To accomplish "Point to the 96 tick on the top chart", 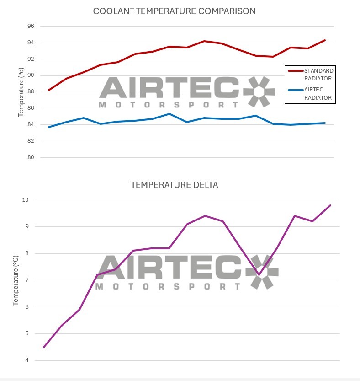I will click(x=31, y=26).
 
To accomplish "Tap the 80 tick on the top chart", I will click(x=31, y=157).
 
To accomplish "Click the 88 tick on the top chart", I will click(x=31, y=92).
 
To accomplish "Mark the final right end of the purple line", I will click(x=330, y=205).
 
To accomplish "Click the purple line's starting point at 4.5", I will click(x=44, y=347).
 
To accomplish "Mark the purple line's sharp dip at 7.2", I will click(x=259, y=275).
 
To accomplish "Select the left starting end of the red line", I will click(x=49, y=90).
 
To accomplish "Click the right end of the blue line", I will click(x=325, y=123).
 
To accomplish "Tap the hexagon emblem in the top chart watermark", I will click(x=259, y=91).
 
